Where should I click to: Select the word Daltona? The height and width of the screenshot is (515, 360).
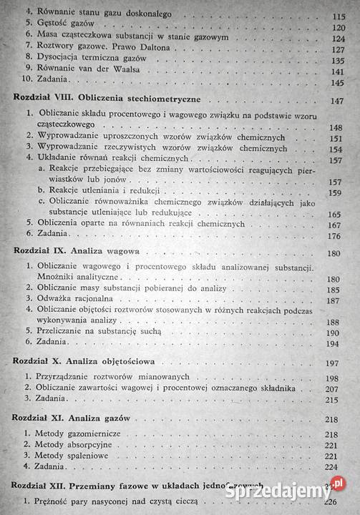(134, 49)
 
